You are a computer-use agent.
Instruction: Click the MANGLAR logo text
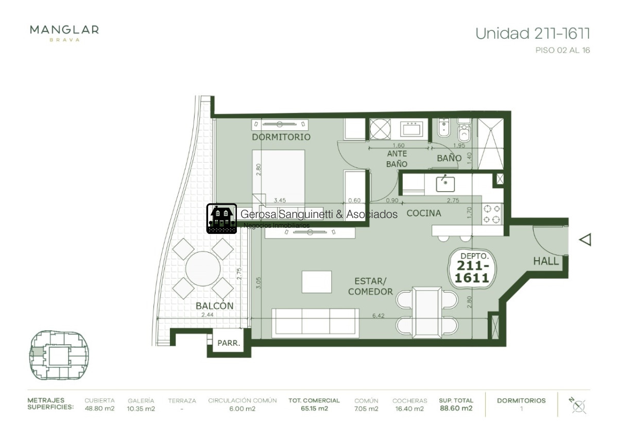(64, 30)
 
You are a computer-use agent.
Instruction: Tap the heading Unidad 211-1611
(533, 33)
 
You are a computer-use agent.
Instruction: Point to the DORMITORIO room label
(281, 137)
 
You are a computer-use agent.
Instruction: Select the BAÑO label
(449, 158)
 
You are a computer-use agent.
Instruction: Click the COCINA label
(424, 213)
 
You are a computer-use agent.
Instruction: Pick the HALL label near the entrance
(546, 261)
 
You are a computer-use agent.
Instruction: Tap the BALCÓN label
(214, 306)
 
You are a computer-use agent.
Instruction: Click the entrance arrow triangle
(585, 240)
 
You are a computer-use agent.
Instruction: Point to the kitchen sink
(444, 182)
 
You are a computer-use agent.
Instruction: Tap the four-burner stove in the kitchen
(492, 214)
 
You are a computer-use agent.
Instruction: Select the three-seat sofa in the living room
(315, 323)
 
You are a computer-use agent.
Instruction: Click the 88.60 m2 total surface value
(456, 409)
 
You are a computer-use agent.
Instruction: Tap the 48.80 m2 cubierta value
(99, 409)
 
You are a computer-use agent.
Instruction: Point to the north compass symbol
(578, 405)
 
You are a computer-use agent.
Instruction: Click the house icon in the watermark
(221, 218)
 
